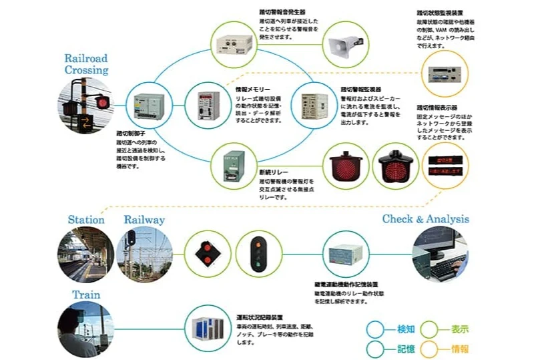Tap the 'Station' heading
[86, 219]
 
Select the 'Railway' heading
[144, 219]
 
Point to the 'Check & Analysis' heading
[425, 219]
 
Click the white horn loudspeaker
[344, 45]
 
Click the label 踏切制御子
[131, 134]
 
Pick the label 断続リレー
[273, 172]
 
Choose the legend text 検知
[407, 329]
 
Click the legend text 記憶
[407, 348]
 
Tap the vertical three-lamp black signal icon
[256, 254]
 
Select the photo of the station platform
[85, 254]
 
